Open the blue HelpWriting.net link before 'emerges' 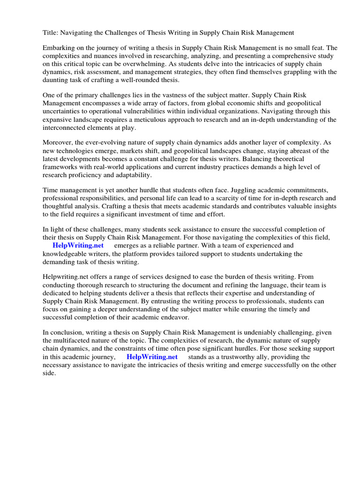coord(78,246)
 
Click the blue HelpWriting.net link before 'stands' coord(152,357)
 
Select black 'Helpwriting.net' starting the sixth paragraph coord(66,277)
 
